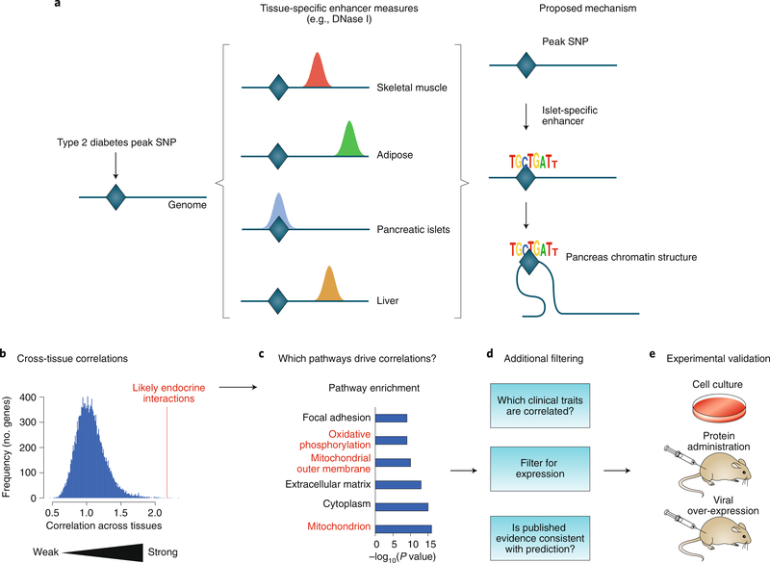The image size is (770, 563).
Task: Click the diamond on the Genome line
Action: tap(115, 197)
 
